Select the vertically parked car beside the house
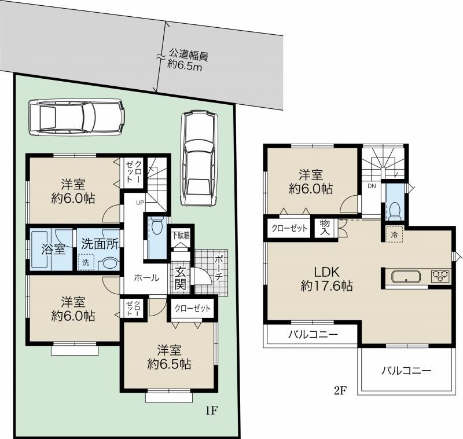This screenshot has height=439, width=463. [x=198, y=158]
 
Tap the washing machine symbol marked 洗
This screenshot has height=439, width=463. [x=86, y=263]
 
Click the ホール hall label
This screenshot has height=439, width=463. [x=146, y=277]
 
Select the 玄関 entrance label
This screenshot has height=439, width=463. [x=180, y=277]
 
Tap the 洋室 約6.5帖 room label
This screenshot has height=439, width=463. [x=168, y=357]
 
